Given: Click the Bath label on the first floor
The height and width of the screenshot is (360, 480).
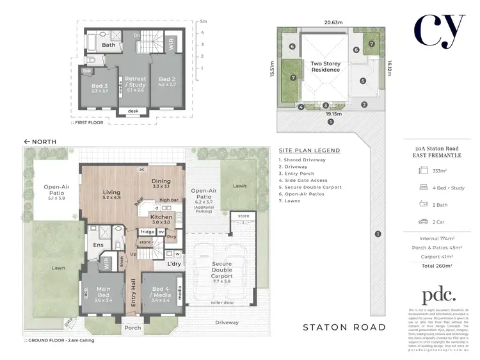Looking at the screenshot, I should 109,45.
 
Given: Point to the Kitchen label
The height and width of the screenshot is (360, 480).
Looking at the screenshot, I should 161,217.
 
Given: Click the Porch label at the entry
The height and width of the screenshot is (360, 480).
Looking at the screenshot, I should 132,329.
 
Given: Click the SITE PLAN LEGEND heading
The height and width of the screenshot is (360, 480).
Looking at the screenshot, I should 309,151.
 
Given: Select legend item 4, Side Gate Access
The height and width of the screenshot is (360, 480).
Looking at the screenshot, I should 304,181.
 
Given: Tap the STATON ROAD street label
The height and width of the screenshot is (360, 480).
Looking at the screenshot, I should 344,327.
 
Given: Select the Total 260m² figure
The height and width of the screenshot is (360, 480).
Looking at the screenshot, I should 438,265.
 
